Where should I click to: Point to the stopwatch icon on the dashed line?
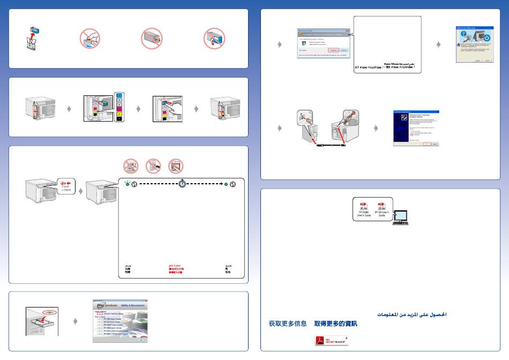click(x=182, y=184)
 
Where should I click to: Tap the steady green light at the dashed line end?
click(x=226, y=184)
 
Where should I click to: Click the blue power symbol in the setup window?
click(x=484, y=39)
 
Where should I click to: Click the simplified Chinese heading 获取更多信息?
click(x=288, y=324)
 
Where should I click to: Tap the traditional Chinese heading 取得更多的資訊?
click(x=335, y=324)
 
